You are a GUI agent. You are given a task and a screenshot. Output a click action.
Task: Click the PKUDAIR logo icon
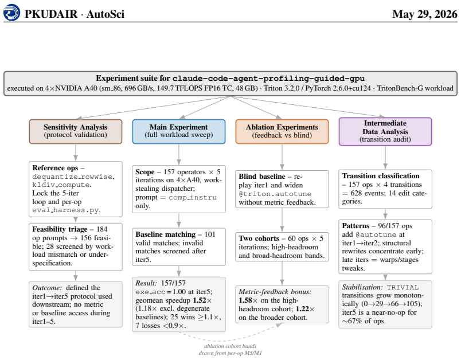click(12, 13)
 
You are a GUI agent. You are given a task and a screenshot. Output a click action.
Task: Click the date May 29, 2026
click(425, 14)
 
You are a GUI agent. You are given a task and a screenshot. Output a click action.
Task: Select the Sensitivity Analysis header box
click(76, 131)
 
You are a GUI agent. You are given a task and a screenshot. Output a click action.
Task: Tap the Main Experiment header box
click(179, 131)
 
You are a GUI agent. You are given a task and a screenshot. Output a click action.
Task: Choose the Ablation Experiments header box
click(282, 131)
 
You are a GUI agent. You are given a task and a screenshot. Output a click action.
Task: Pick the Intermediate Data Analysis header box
click(385, 131)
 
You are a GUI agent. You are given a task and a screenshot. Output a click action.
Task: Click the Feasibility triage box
click(76, 246)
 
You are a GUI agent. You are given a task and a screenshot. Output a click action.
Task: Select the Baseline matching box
click(179, 247)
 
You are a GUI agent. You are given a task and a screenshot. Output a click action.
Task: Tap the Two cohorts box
click(282, 247)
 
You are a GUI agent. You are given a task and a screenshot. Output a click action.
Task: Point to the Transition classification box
click(385, 189)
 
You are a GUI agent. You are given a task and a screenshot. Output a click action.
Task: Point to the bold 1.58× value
click(248, 300)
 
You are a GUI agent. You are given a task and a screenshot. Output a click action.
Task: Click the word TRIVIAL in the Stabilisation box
click(403, 287)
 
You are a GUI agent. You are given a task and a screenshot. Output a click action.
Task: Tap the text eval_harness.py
click(67, 210)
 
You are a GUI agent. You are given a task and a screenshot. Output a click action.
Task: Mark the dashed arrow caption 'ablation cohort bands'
click(230, 346)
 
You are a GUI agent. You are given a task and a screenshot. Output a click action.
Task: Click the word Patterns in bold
click(355, 226)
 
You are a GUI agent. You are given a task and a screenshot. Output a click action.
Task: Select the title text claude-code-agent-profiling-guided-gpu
click(268, 79)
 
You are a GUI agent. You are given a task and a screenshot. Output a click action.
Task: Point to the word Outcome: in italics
click(47, 287)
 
